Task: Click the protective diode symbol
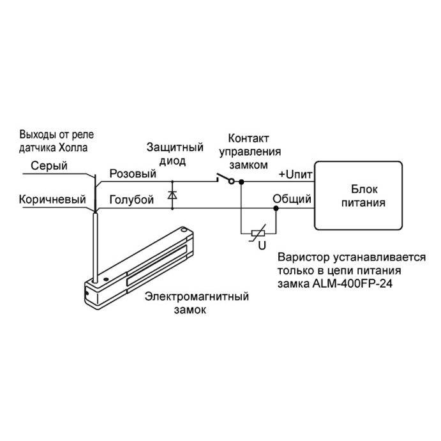coord(172,195)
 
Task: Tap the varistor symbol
coord(258,233)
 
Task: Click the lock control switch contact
coord(225,179)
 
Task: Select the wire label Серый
coord(49,166)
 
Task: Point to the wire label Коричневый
coord(52,199)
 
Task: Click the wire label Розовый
coord(133,174)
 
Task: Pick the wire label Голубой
coord(131,200)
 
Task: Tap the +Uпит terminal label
coord(295,175)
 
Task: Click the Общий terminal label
coord(292,199)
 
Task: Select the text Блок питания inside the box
coord(363,196)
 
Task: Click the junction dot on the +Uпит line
coord(241,182)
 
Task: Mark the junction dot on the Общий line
coord(276,208)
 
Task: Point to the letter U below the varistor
coord(262,246)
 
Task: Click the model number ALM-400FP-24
coord(352,283)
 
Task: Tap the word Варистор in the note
coord(304,257)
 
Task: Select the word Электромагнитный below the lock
coord(197,296)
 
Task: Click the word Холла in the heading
coord(73,147)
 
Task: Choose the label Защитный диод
coord(175,154)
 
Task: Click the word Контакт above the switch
coord(248,138)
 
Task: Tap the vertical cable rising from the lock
coord(96,248)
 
